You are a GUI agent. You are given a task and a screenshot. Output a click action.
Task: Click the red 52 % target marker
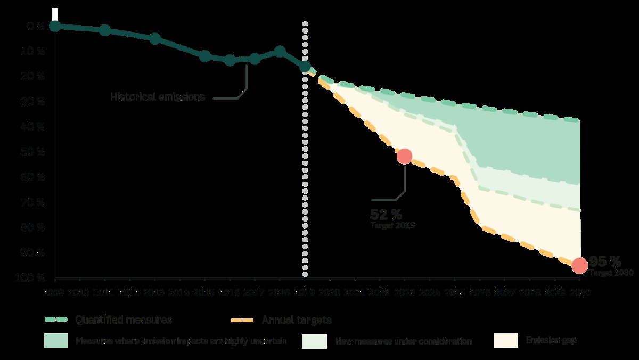tap(404, 156)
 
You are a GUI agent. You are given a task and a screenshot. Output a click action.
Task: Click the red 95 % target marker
tap(579, 265)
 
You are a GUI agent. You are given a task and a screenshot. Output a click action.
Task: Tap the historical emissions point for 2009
tap(55, 26)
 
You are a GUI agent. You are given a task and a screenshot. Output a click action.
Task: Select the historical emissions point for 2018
tap(280, 52)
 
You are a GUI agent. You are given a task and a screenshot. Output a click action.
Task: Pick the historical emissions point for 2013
tap(155, 38)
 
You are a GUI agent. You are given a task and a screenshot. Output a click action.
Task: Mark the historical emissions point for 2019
tap(305, 67)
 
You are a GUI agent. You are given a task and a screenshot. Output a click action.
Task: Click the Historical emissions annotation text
tap(158, 97)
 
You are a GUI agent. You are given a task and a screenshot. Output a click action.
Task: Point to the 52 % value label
tap(386, 214)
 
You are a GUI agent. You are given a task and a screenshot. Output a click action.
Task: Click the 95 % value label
tap(605, 261)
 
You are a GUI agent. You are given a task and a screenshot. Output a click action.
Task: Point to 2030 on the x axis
tap(579, 292)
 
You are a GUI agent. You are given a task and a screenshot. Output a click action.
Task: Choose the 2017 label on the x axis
tap(255, 292)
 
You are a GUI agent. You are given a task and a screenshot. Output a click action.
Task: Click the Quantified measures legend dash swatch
tap(56, 320)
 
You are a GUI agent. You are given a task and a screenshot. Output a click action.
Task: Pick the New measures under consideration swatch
tap(314, 341)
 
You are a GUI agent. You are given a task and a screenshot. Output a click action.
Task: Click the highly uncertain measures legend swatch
tap(56, 341)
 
